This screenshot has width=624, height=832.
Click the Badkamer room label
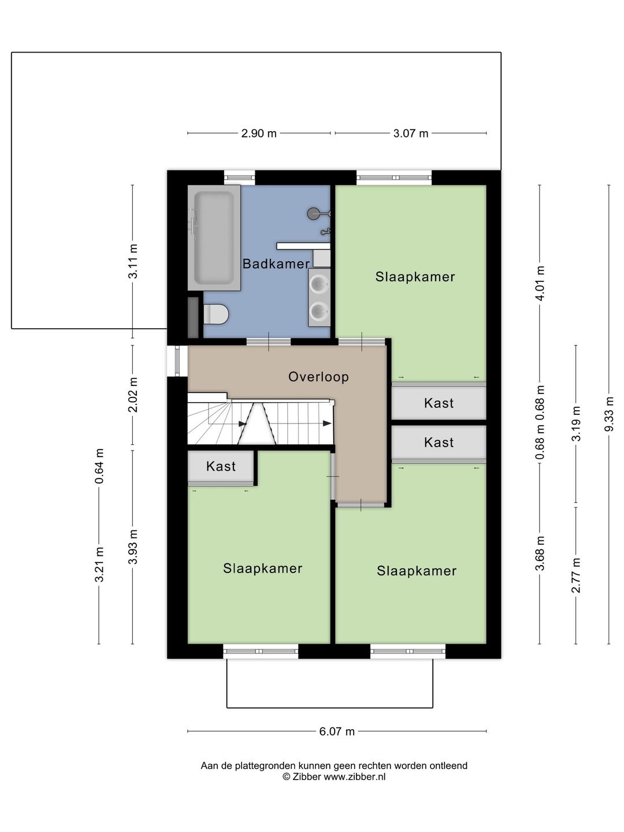click(x=276, y=264)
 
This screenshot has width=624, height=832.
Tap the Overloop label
click(x=318, y=377)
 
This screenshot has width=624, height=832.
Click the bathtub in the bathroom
click(x=214, y=237)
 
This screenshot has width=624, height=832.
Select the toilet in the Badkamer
click(x=216, y=314)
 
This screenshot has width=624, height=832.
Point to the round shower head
click(x=313, y=214)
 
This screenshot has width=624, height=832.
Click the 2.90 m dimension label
click(x=259, y=133)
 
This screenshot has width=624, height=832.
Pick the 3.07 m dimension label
click(x=411, y=133)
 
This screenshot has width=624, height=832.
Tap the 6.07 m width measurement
click(x=337, y=731)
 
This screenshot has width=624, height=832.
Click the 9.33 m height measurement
click(x=609, y=414)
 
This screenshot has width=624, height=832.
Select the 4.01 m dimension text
click(x=540, y=283)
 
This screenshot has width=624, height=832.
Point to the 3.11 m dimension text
click(x=133, y=261)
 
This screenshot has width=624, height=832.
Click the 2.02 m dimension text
click(x=133, y=395)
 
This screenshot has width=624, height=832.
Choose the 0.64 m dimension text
click(x=99, y=466)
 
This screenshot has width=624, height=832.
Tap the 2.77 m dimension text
click(x=576, y=575)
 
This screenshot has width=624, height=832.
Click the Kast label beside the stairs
click(x=221, y=466)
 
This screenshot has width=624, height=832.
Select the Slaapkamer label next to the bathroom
click(x=415, y=277)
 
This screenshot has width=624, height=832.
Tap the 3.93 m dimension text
click(x=133, y=547)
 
